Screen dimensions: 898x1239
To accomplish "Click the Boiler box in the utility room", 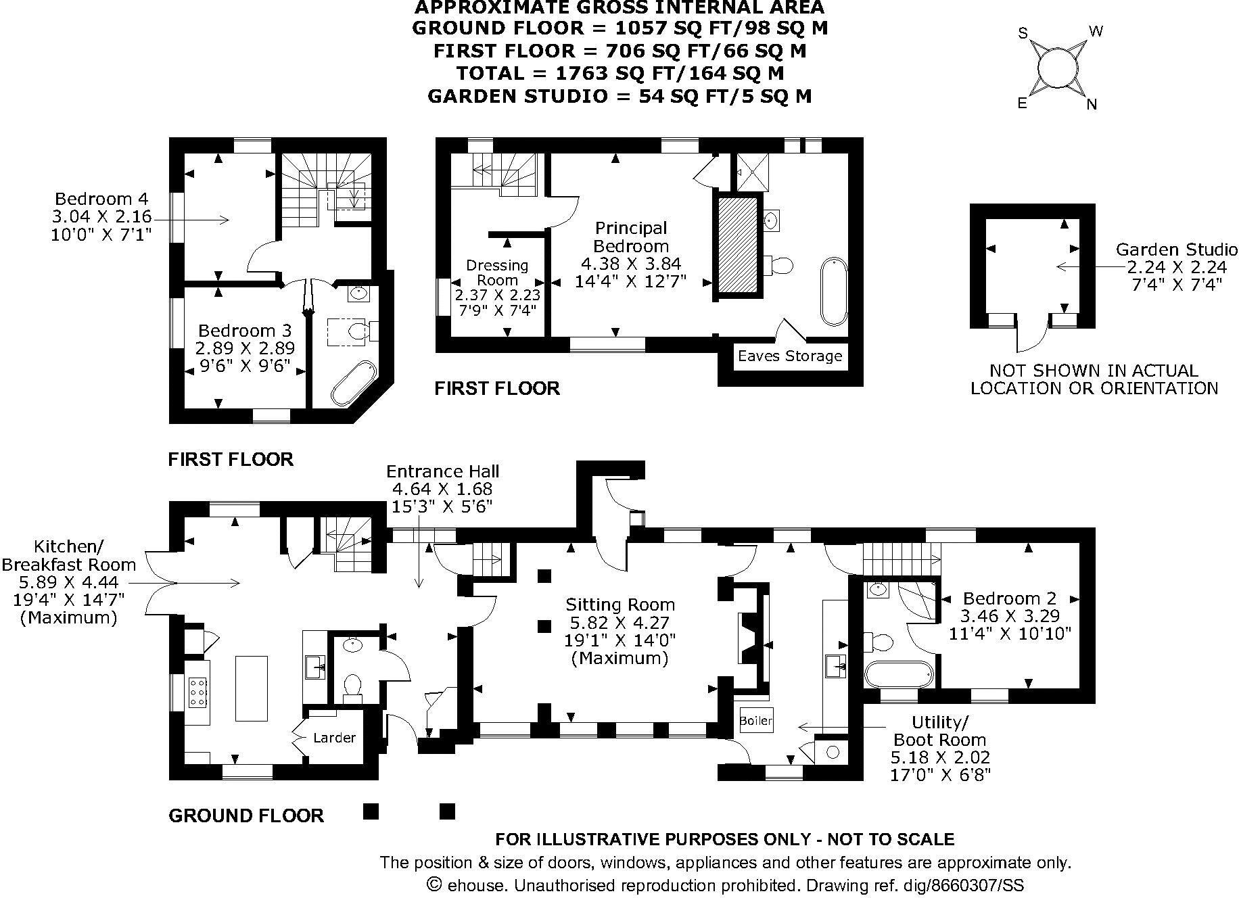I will pyautogui.click(x=755, y=721).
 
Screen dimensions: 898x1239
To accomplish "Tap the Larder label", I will pyautogui.click(x=334, y=737).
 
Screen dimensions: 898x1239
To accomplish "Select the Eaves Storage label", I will pyautogui.click(x=789, y=356).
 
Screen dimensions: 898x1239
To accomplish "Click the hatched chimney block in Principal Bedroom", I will pyautogui.click(x=738, y=244).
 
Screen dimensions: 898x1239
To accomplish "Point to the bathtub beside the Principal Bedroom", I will pyautogui.click(x=833, y=291).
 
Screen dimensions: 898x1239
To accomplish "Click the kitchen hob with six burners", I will pyautogui.click(x=198, y=692).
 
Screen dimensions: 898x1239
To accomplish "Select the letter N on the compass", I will pyautogui.click(x=1091, y=104).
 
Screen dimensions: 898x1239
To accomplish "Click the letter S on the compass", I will pyautogui.click(x=1023, y=33).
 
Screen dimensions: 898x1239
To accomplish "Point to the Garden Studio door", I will pyautogui.click(x=1032, y=335).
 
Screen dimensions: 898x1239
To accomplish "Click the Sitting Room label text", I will pyautogui.click(x=619, y=605).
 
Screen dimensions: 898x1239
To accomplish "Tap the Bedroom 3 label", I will pyautogui.click(x=244, y=331).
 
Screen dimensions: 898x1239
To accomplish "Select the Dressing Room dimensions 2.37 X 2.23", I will pyautogui.click(x=497, y=296).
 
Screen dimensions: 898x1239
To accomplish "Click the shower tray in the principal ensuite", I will pyautogui.click(x=749, y=172).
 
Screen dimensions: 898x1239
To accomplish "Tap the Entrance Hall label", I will pyautogui.click(x=442, y=471).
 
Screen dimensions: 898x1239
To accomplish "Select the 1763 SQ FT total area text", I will pyautogui.click(x=619, y=73).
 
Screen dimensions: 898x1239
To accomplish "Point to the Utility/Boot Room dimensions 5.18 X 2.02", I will pyautogui.click(x=940, y=757).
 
